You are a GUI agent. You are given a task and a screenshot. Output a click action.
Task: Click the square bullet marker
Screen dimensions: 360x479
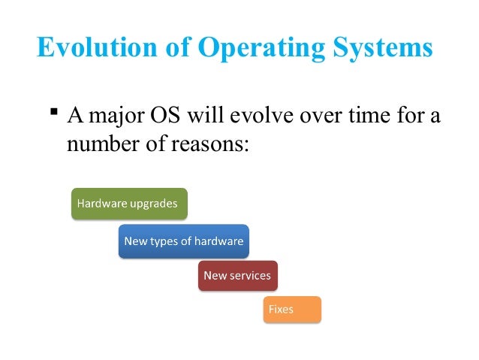(x=53, y=113)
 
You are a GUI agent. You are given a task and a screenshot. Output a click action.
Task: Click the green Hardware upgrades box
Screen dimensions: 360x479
(x=128, y=204)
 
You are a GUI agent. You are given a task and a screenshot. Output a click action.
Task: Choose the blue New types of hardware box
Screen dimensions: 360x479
(x=183, y=241)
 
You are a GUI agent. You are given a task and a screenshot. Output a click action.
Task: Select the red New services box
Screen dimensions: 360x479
(x=237, y=276)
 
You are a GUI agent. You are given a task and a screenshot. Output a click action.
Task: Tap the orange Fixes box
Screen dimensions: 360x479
(x=292, y=310)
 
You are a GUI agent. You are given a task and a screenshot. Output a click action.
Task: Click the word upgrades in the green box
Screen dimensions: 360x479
(x=155, y=204)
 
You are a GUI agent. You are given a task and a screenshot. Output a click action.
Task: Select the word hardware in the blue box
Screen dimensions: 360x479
(x=218, y=241)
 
